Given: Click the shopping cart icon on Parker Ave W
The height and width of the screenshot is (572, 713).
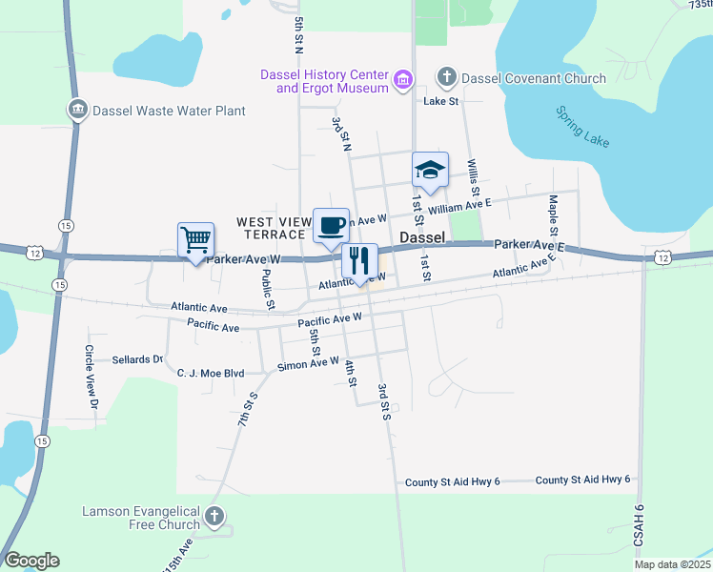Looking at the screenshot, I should [195, 240].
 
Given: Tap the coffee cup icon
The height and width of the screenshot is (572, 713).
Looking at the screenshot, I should [331, 226].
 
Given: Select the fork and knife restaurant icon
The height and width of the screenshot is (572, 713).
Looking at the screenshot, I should [359, 261].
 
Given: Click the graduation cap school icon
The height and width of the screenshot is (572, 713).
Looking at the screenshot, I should [430, 171].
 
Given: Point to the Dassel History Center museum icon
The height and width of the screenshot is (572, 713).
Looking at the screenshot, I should [403, 80].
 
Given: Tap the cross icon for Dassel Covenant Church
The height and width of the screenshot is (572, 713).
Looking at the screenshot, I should [445, 78].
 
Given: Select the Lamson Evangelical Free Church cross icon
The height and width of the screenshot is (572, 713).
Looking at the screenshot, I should [215, 518].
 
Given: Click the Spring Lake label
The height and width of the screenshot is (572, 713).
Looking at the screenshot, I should [582, 126].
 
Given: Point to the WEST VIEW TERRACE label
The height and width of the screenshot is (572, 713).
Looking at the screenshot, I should [274, 228].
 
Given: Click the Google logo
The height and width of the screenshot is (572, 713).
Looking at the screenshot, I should [31, 561].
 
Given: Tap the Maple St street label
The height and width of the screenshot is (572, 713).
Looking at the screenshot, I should [553, 215].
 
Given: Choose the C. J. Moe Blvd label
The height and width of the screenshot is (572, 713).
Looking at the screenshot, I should [211, 373].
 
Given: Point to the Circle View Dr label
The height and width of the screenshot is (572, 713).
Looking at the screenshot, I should [92, 377].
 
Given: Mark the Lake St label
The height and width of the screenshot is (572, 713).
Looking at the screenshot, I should [441, 101].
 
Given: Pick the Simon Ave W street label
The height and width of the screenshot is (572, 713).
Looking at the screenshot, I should [308, 364].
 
